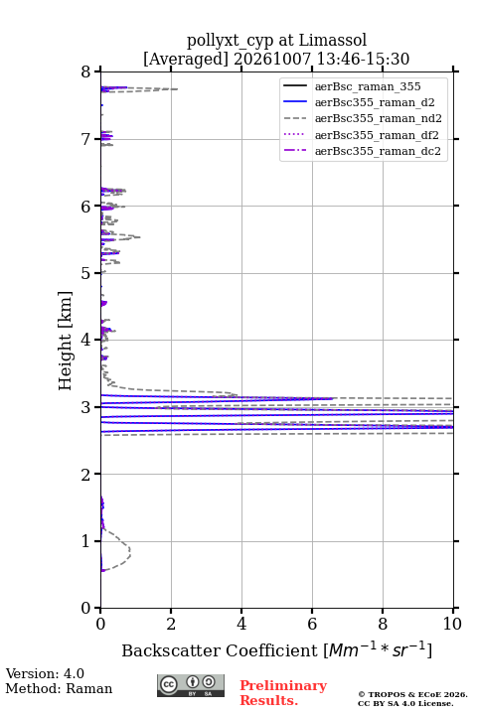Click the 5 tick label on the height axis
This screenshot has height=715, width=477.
(85, 273)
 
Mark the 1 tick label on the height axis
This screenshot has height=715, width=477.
(85, 541)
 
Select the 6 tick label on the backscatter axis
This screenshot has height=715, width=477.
(312, 624)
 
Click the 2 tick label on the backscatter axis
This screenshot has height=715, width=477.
(171, 624)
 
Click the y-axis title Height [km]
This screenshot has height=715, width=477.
(66, 341)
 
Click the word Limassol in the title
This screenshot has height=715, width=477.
(333, 41)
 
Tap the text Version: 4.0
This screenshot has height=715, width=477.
(45, 673)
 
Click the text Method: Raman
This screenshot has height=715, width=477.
(59, 688)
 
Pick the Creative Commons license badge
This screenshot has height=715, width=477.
(191, 685)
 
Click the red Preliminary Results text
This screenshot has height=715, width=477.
(283, 693)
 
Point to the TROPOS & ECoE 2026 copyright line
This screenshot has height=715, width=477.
(412, 694)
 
